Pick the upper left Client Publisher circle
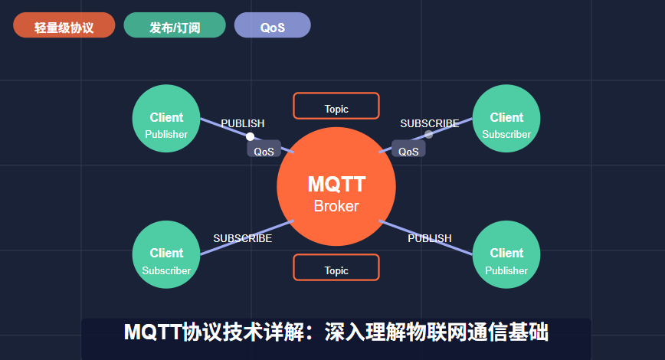pyautogui.click(x=166, y=119)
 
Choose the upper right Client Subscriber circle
pyautogui.click(x=506, y=119)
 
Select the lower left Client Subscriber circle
pyautogui.click(x=166, y=254)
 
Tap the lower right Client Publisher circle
pyautogui.click(x=506, y=254)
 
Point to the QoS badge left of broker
pyautogui.click(x=264, y=150)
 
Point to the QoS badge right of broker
pyautogui.click(x=408, y=150)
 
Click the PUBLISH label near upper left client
pyautogui.click(x=243, y=123)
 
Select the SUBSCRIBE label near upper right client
pyautogui.click(x=430, y=123)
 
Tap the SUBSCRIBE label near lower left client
pyautogui.click(x=242, y=238)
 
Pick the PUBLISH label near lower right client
pyautogui.click(x=430, y=238)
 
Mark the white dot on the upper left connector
pyautogui.click(x=250, y=136)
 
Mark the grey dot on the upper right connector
pyautogui.click(x=429, y=135)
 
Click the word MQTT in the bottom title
pyautogui.click(x=152, y=332)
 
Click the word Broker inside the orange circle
pyautogui.click(x=336, y=206)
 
